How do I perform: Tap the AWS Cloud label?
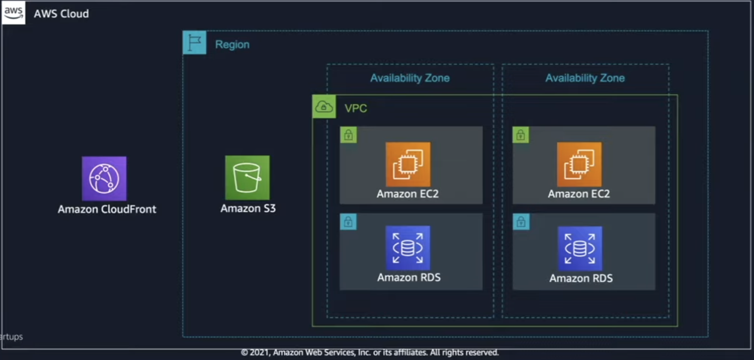point(61,14)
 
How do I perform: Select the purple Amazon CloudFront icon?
point(104,179)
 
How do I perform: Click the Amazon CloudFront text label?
point(107,209)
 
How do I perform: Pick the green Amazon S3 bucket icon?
point(247,178)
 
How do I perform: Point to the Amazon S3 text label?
point(248,208)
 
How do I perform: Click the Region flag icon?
point(195,43)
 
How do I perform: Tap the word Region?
point(232,44)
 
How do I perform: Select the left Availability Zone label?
point(410,78)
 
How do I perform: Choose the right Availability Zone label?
point(585,78)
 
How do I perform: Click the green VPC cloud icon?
point(324,106)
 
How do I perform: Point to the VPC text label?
point(356,108)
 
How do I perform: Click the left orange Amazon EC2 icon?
point(408,164)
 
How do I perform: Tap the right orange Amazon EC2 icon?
point(579,164)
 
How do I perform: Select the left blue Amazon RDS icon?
point(408,248)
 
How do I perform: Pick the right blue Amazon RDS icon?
point(579,248)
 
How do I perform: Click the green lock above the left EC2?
point(348,135)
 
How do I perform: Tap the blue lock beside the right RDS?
point(521,222)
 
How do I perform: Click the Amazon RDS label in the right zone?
point(581,279)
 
